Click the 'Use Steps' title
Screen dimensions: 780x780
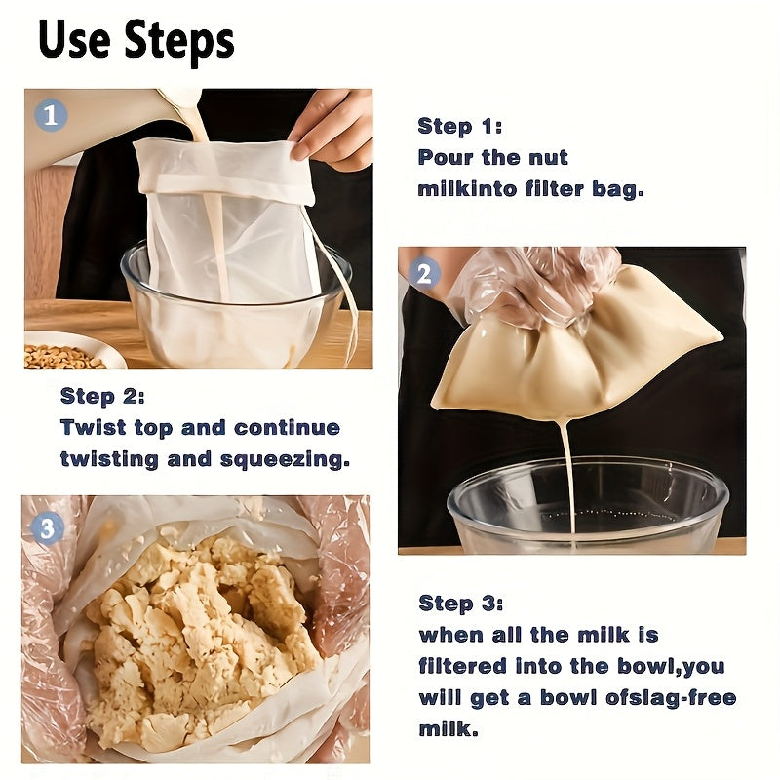click(x=136, y=41)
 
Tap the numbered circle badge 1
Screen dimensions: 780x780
click(x=52, y=115)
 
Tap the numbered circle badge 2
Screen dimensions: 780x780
click(x=423, y=274)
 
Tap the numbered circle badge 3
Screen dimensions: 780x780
click(x=48, y=528)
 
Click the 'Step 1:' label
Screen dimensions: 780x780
click(x=459, y=126)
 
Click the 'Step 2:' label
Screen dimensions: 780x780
click(x=102, y=396)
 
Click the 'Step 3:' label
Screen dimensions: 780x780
click(x=460, y=603)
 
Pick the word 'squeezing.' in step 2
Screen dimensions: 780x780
click(x=293, y=459)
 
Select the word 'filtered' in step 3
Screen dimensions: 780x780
click(x=463, y=667)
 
